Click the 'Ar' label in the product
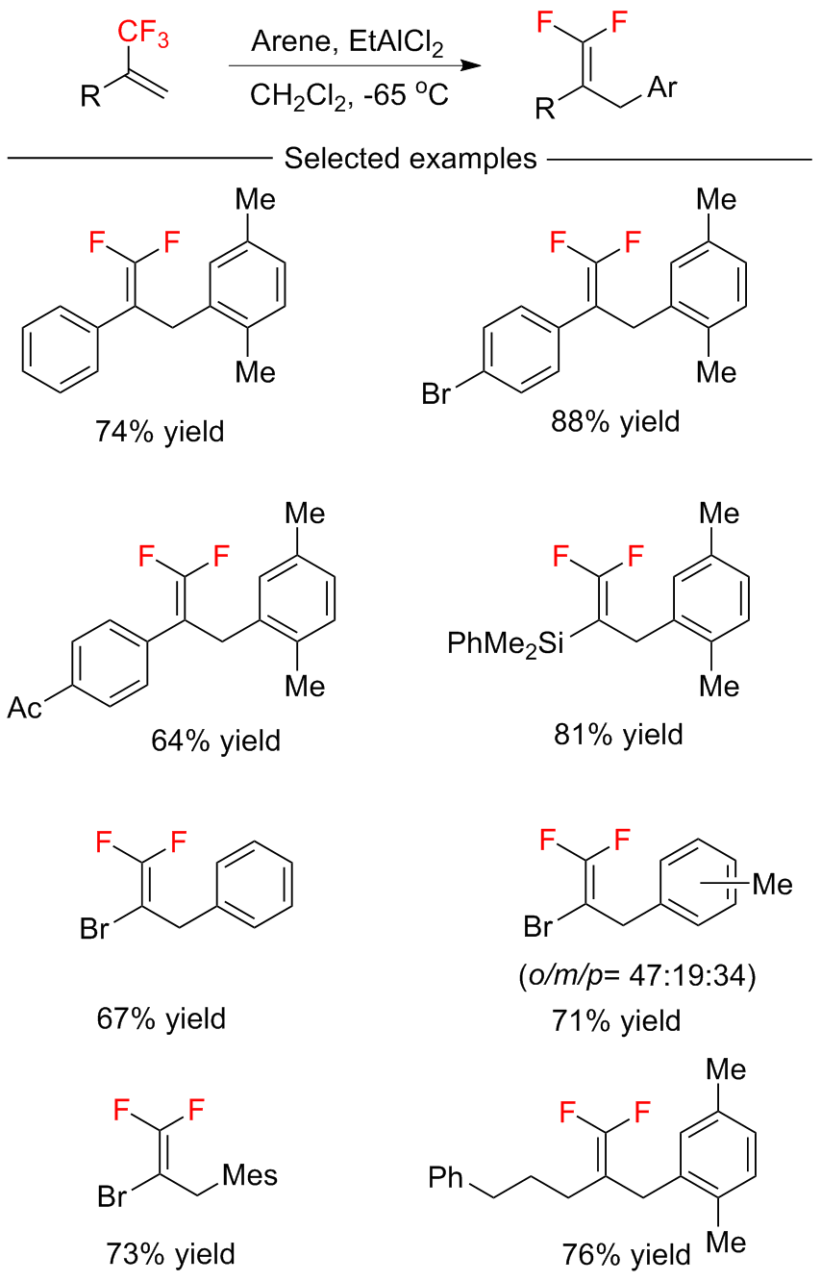click(661, 89)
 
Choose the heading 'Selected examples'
click(410, 158)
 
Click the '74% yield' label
click(160, 432)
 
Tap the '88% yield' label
click(615, 420)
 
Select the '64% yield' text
click(215, 741)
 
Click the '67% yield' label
click(162, 1017)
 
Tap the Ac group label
click(27, 709)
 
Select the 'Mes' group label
click(250, 1175)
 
